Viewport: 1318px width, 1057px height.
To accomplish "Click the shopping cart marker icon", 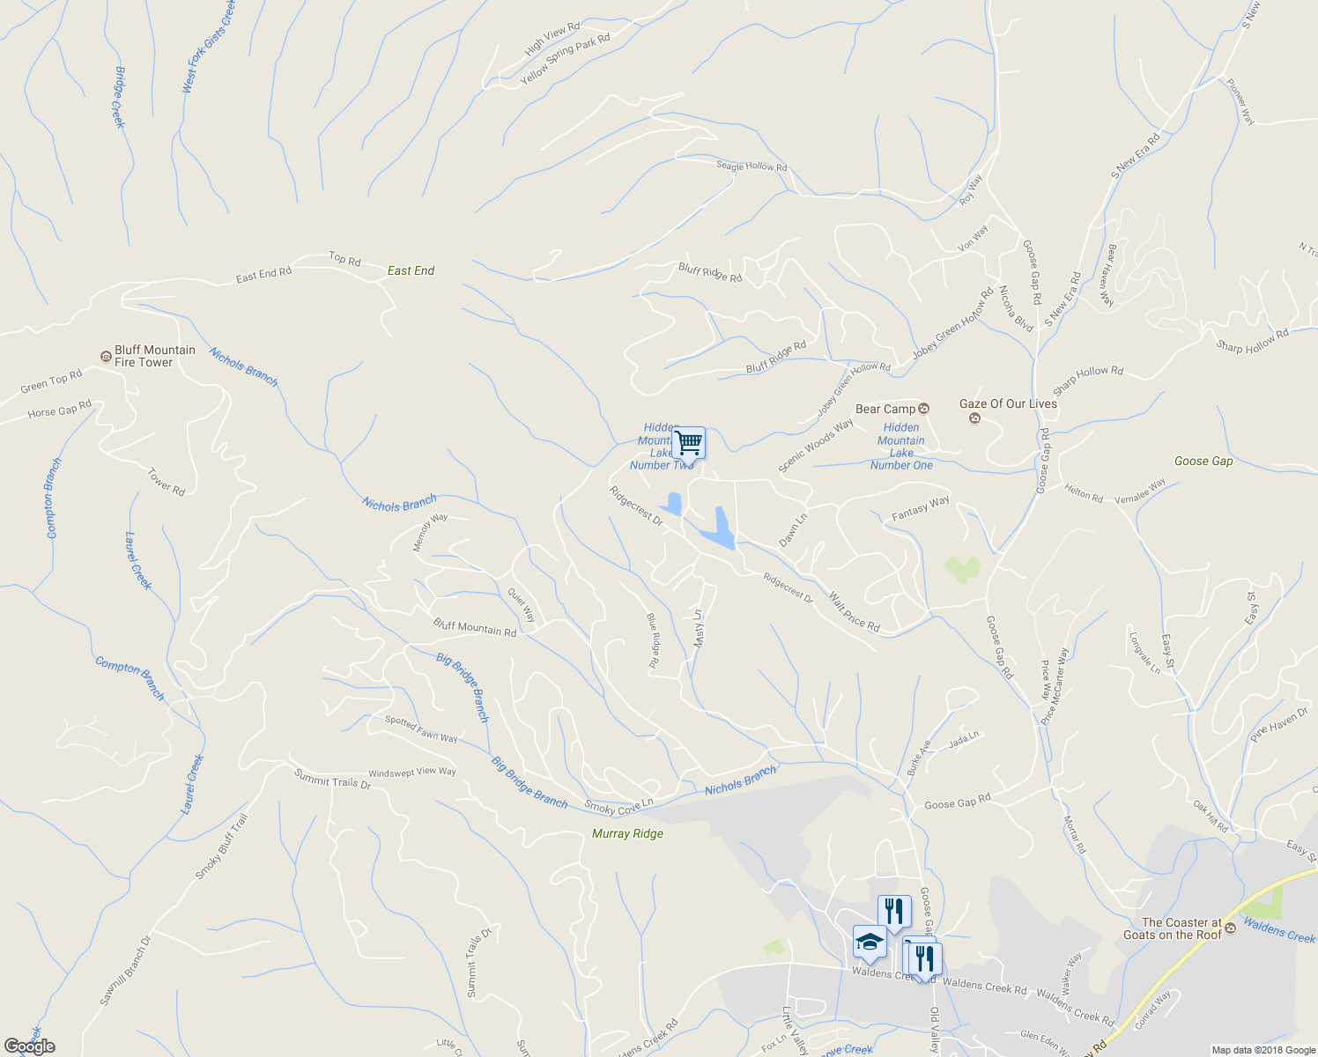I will tap(689, 442).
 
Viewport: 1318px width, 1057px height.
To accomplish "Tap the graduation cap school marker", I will tap(870, 942).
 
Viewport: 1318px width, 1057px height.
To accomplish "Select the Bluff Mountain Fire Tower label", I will tap(154, 356).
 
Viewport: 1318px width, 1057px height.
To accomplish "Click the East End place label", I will tap(411, 270).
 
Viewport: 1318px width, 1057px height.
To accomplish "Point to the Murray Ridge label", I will tap(627, 833).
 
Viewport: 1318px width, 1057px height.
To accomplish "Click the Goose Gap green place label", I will tap(1203, 461).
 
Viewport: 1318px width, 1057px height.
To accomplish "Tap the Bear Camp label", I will tap(885, 409).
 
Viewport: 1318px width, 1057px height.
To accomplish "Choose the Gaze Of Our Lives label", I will tap(1008, 404).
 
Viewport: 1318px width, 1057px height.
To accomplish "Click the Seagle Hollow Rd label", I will tap(751, 166).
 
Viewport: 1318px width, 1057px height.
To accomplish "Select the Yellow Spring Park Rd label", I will tap(565, 60).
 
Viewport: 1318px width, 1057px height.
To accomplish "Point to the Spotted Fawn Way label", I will tap(421, 729).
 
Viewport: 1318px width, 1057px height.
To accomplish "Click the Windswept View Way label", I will tap(412, 772).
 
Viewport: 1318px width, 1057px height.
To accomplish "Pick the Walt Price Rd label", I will tap(854, 611).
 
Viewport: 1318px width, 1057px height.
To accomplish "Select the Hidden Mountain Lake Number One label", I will tap(900, 447).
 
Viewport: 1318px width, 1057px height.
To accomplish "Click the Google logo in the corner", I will tap(29, 1046).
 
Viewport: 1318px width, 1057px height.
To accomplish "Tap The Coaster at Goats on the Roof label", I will tap(1173, 929).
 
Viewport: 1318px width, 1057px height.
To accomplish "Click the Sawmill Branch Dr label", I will tap(125, 971).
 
